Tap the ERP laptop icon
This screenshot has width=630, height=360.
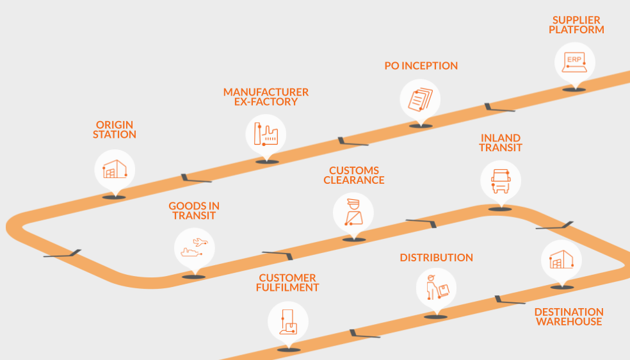[574, 63]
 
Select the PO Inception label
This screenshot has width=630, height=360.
[421, 66]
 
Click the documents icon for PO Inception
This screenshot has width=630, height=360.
[420, 99]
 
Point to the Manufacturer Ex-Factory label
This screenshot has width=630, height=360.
[266, 97]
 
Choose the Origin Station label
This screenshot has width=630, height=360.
[115, 129]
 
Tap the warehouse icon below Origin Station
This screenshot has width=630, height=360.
[115, 170]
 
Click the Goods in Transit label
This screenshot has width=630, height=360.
[194, 211]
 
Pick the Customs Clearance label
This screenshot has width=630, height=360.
[354, 176]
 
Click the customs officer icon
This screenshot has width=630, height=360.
[353, 213]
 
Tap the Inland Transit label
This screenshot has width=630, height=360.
[500, 143]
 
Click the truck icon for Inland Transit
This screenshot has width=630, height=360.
[500, 180]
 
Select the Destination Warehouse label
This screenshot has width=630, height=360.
[569, 317]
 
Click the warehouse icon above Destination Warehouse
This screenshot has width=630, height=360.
[561, 259]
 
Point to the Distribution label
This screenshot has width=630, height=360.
[436, 258]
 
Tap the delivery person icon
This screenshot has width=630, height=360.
[436, 287]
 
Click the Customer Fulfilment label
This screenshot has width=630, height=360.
[289, 282]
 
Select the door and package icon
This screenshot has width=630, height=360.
[288, 320]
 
